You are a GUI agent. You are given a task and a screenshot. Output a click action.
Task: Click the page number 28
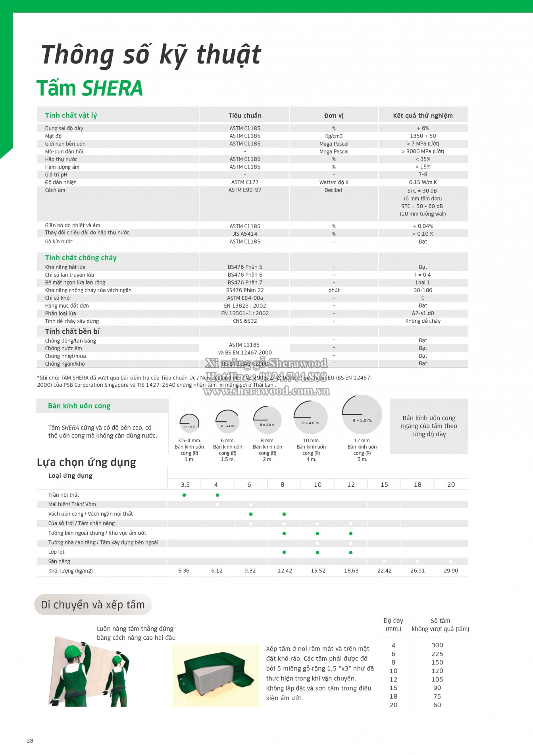pyautogui.click(x=30, y=740)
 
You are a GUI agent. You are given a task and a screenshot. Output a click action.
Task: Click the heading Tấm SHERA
pyautogui.click(x=90, y=88)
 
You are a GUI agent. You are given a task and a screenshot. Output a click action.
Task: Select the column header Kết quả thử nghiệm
pyautogui.click(x=423, y=116)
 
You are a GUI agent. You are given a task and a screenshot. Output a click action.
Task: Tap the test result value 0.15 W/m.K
pyautogui.click(x=423, y=182)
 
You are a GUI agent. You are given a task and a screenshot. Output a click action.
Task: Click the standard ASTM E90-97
pyautogui.click(x=245, y=190)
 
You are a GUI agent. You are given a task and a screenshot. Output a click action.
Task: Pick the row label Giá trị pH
pyautogui.click(x=56, y=174)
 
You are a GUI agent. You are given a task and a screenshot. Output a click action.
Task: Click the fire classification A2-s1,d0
pyautogui.click(x=423, y=313)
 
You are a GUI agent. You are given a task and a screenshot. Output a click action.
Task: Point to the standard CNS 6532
pyautogui.click(x=245, y=321)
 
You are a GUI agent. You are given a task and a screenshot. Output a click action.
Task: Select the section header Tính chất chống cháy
pyautogui.click(x=81, y=258)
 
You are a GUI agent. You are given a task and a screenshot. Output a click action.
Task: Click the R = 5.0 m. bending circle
pyautogui.click(x=362, y=415)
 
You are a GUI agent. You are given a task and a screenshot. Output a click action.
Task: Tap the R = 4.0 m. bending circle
pyautogui.click(x=311, y=418)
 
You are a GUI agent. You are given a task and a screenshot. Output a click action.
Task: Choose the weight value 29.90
pyautogui.click(x=451, y=571)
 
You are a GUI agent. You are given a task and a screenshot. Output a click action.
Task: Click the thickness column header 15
pyautogui.click(x=384, y=484)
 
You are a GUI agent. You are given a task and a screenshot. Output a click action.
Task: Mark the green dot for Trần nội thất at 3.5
pyautogui.click(x=184, y=495)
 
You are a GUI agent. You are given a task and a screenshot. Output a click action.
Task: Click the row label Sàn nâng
pyautogui.click(x=59, y=561)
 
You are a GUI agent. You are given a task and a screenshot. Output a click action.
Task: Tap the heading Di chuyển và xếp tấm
pyautogui.click(x=93, y=605)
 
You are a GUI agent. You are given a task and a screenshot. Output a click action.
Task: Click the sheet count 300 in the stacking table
pyautogui.click(x=437, y=645)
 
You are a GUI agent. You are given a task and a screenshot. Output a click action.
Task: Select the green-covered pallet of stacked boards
pyautogui.click(x=215, y=675)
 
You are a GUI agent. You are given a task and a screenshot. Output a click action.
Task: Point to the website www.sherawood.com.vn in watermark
pyautogui.click(x=266, y=391)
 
